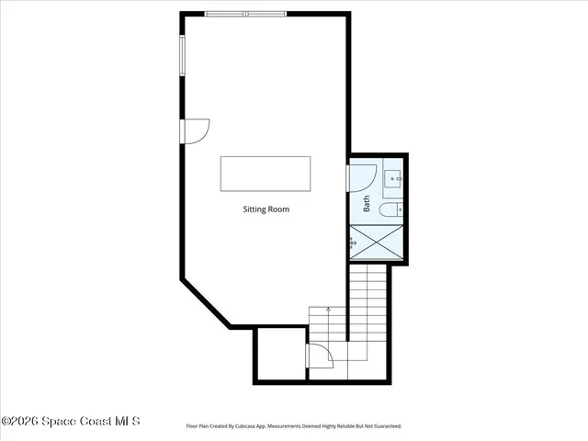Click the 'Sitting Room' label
[266, 209]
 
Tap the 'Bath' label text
[367, 204]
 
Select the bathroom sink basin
[392, 178]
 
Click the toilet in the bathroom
[390, 210]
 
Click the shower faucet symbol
[353, 243]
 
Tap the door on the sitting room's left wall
[196, 131]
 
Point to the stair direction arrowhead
[328, 311]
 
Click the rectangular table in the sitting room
[266, 174]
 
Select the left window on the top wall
[225, 14]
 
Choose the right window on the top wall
[266, 14]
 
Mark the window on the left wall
[182, 57]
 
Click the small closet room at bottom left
[279, 354]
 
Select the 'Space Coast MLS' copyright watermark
[71, 421]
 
